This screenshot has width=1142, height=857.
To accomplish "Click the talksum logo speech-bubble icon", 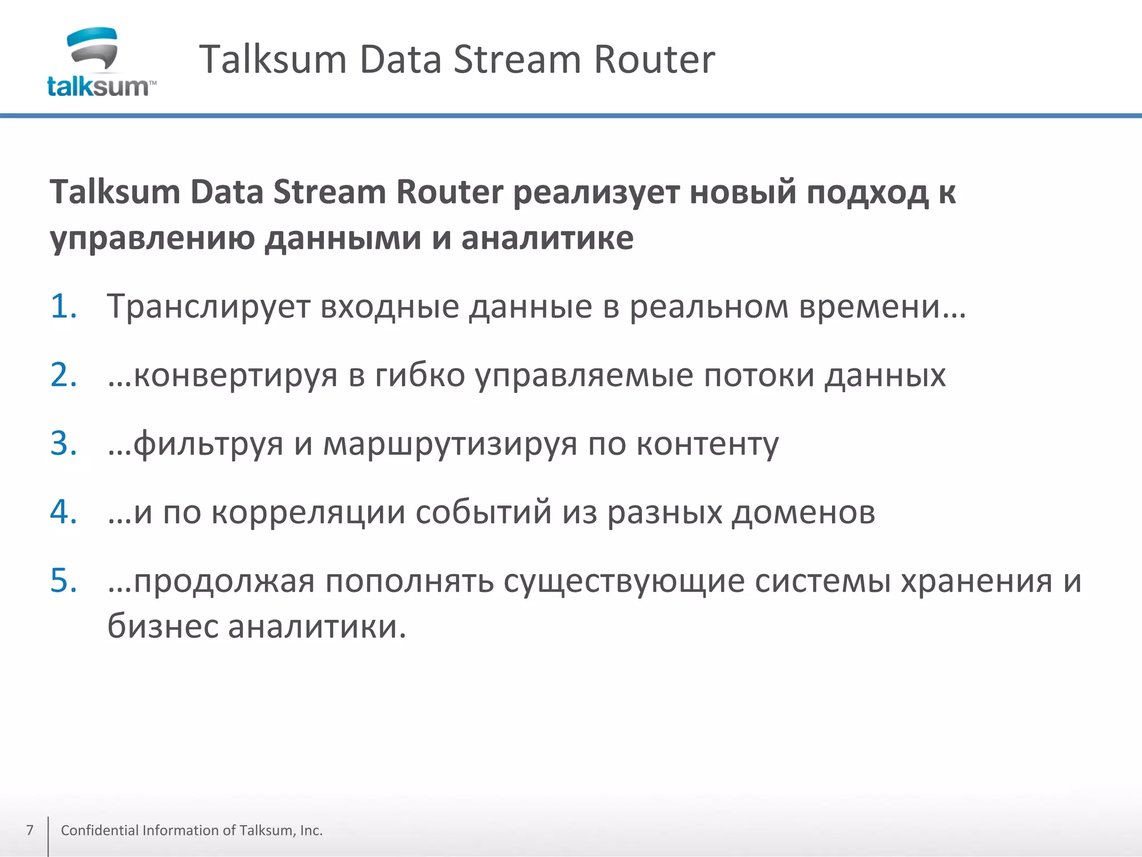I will click(93, 49).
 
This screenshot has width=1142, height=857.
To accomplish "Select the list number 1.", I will click(63, 306).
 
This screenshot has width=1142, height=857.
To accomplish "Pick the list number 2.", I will click(63, 375).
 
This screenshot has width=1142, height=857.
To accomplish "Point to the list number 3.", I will click(63, 444).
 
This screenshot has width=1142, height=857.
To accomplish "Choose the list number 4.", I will click(63, 512).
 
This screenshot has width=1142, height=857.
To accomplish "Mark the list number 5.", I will click(63, 581).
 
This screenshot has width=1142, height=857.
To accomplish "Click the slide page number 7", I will click(30, 830).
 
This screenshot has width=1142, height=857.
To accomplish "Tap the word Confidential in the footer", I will click(100, 830).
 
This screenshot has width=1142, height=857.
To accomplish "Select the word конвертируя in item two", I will click(235, 375).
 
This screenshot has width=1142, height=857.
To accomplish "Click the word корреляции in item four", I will click(308, 513).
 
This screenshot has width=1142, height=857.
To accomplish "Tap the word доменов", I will click(803, 513).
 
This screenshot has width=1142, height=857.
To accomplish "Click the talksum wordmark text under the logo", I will click(98, 87).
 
